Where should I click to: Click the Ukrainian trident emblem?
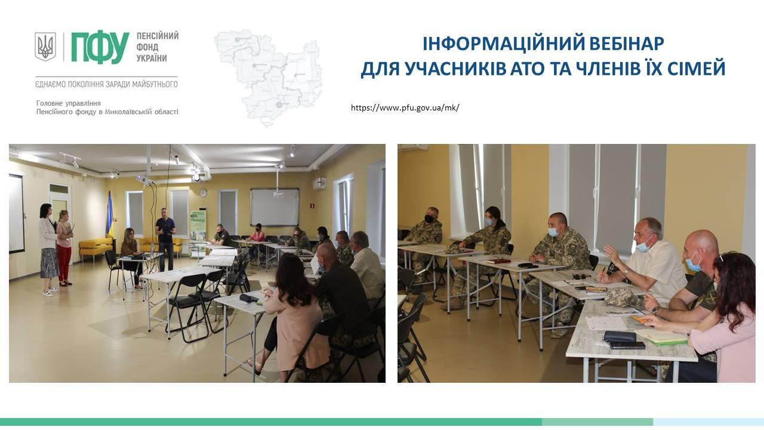[45, 47]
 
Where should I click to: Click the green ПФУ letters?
[100, 48]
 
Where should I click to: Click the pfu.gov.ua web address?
[405, 108]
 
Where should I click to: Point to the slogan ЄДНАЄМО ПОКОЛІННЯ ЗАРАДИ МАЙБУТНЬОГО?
[106, 84]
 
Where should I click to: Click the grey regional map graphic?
[268, 77]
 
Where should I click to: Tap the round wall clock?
[204, 193]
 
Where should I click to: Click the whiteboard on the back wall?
[275, 207]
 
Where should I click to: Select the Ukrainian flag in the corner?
[110, 215]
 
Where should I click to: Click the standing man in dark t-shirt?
[166, 239]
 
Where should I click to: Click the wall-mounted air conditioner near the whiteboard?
[319, 183]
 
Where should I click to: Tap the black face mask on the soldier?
[429, 219]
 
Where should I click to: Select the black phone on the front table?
[627, 345]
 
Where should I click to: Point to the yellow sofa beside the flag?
[95, 248]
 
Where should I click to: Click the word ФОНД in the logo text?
[147, 47]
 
